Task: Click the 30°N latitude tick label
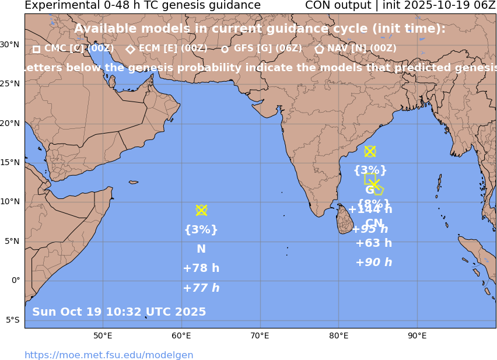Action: (10, 44)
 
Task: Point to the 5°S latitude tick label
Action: (12, 320)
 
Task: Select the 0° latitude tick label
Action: (16, 280)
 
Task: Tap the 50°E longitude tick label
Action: (103, 335)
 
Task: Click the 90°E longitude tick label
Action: (416, 335)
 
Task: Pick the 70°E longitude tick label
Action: (260, 335)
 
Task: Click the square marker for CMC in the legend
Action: (36, 50)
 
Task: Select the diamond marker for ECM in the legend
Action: (130, 50)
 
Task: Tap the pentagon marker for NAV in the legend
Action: (319, 50)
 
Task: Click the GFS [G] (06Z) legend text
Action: (268, 49)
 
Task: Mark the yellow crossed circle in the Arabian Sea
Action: (201, 210)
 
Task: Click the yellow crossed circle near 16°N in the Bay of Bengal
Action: (370, 152)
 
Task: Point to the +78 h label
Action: (201, 268)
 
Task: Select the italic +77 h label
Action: (201, 288)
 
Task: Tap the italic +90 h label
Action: (374, 263)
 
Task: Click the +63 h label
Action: (374, 243)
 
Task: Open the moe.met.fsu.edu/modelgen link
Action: (108, 355)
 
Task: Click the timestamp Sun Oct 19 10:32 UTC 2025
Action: (119, 312)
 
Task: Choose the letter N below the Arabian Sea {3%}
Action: (201, 249)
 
